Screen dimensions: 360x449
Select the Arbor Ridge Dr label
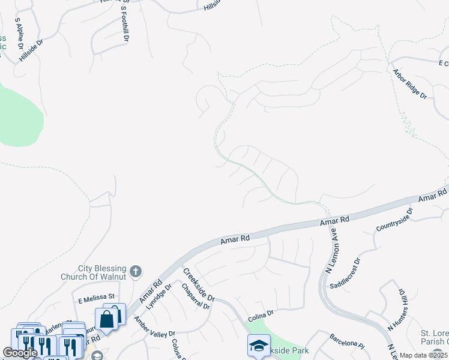(409, 83)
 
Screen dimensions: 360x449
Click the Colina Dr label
(261, 313)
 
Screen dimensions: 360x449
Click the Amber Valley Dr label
(154, 326)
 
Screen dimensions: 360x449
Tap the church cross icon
(135, 272)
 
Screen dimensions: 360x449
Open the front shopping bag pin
(106, 319)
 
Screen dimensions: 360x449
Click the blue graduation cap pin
(259, 346)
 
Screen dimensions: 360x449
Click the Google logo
(20, 353)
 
